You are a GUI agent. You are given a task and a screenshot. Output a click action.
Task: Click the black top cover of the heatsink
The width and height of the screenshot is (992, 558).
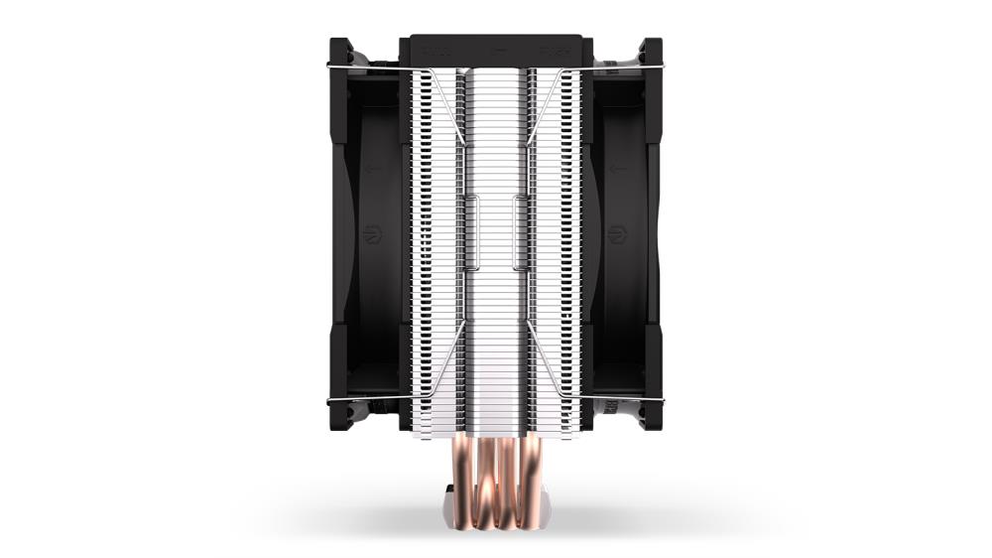496,49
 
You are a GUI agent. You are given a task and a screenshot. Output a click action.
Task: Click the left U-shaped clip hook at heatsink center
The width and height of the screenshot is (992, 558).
475,232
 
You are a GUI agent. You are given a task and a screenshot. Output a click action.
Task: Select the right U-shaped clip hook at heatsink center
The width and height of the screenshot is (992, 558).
517,232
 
